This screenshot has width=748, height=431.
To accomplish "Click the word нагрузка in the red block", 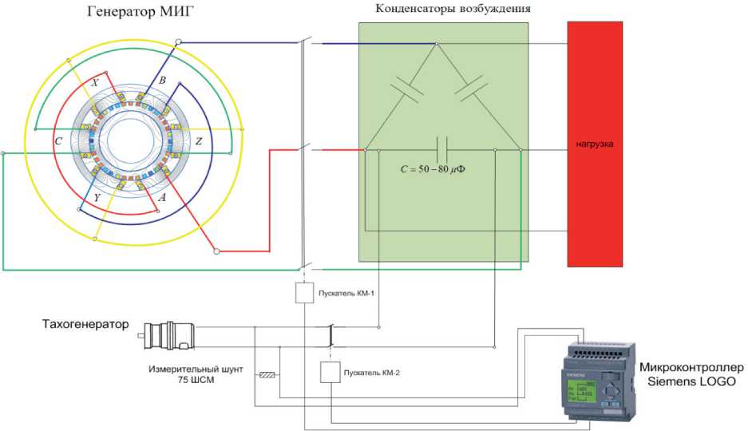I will tap(594, 144).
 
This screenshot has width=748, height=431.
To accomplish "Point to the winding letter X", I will tap(95, 81).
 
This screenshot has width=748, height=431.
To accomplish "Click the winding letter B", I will tap(162, 81).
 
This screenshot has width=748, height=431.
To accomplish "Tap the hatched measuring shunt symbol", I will tap(267, 374).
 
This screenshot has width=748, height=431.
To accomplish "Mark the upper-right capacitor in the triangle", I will tap(470, 89).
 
